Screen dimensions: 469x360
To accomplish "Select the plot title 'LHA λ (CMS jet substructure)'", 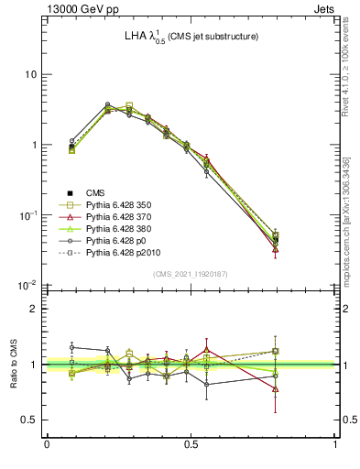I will (191, 37).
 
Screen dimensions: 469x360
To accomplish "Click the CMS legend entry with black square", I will (96, 192).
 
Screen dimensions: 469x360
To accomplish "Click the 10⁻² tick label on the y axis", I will (29, 285).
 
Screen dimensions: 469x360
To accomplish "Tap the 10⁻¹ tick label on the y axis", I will (29, 215).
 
